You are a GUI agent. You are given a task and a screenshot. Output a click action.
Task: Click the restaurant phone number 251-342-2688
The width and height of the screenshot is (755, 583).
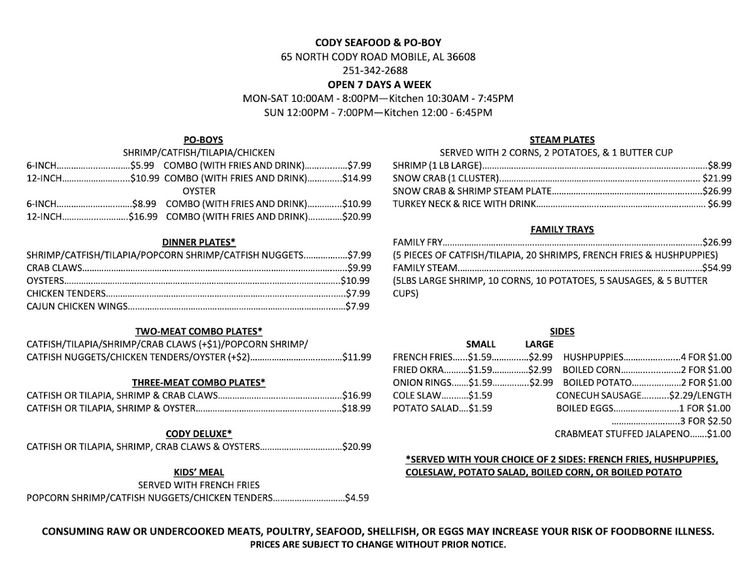tap(378, 70)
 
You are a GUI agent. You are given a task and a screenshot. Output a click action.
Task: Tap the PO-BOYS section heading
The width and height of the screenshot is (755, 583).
tap(203, 140)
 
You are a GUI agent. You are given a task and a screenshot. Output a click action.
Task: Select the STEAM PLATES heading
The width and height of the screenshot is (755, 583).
tap(562, 140)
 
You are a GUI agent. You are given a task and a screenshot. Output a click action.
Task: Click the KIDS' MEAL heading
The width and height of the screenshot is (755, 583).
tap(199, 472)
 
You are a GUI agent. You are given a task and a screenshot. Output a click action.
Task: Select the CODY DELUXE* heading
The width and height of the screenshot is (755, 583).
tap(199, 434)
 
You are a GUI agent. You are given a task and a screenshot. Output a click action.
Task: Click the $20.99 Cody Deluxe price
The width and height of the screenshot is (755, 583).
tap(357, 447)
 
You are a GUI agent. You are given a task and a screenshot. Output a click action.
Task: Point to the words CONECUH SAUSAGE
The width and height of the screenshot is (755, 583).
tap(598, 396)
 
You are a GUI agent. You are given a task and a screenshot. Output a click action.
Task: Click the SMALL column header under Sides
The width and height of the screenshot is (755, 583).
tap(480, 345)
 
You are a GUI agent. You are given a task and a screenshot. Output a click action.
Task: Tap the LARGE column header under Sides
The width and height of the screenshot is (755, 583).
tap(539, 345)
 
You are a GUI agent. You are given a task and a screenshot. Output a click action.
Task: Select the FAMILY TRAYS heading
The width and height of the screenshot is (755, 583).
tap(562, 230)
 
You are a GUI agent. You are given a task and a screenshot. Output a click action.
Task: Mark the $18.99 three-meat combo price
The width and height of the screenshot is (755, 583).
tap(357, 409)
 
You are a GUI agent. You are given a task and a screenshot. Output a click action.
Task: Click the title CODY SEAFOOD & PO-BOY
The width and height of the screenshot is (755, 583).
tap(378, 43)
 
